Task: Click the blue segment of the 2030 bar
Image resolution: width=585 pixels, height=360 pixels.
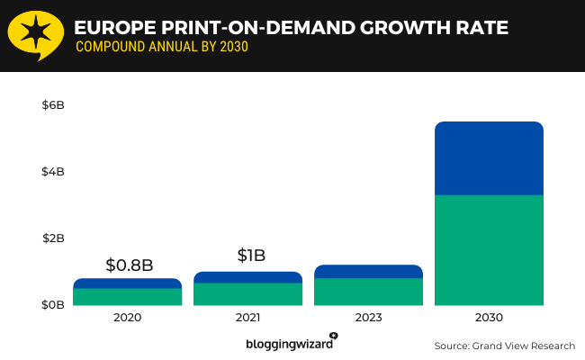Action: (489, 158)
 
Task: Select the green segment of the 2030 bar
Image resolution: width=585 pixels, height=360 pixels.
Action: (489, 250)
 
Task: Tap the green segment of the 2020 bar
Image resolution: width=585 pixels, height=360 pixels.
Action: (127, 297)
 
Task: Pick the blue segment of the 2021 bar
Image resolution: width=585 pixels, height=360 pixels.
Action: (247, 277)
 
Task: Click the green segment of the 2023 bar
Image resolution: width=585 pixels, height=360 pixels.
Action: (368, 292)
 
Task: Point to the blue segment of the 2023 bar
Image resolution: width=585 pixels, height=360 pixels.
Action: (368, 271)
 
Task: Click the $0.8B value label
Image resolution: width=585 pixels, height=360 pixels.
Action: (129, 265)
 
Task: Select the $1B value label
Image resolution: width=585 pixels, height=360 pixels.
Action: (251, 256)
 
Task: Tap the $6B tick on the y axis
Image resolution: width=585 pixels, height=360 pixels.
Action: (53, 105)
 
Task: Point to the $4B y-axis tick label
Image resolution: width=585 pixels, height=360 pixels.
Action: (53, 172)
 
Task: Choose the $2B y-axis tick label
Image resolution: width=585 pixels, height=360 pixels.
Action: (53, 238)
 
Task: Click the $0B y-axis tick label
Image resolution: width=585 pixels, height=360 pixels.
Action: (53, 305)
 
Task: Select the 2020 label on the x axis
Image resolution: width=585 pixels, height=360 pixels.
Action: (127, 318)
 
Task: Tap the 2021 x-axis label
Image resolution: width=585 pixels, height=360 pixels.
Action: (247, 318)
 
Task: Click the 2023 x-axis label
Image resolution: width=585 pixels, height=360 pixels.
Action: (368, 318)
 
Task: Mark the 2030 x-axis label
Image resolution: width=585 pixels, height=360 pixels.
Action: (489, 318)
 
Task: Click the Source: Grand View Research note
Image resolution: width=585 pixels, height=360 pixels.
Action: (504, 346)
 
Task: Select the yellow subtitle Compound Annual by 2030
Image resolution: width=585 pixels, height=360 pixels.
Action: (161, 47)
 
